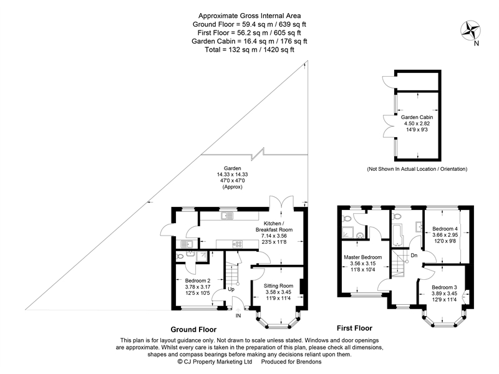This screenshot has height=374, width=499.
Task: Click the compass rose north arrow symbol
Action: [471, 31]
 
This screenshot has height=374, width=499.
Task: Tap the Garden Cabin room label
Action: [417, 117]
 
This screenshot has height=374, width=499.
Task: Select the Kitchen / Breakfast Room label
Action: [274, 226]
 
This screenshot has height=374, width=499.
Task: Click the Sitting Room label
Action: [278, 286]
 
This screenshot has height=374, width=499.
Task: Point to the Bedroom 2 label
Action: [198, 281]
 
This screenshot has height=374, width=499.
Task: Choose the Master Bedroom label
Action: [363, 257]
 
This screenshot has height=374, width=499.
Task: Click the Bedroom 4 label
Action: [445, 229]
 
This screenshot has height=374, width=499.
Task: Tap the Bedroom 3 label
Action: [444, 287]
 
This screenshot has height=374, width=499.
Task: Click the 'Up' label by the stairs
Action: [231, 289]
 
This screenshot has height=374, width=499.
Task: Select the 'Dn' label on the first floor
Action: [414, 256]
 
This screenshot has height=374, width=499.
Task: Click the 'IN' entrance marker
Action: [238, 316]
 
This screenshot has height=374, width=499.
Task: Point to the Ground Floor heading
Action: [193, 330]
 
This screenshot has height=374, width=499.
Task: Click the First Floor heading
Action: [354, 328]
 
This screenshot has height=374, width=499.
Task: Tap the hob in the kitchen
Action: [238, 244]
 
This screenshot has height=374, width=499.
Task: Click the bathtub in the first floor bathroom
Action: [397, 235]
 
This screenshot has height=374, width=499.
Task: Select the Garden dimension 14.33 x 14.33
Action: [232, 175]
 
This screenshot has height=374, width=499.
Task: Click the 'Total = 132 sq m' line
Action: [249, 50]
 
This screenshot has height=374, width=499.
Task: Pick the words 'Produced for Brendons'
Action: [291, 362]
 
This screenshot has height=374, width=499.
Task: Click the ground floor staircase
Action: [231, 272]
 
